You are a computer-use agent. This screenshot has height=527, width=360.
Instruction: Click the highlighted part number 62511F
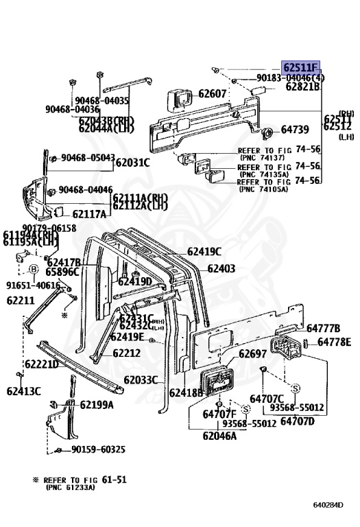[301, 67]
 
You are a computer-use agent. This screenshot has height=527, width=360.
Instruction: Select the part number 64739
[296, 129]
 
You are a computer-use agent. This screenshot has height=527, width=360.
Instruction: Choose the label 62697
[252, 353]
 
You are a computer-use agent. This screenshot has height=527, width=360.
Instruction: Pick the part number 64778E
[333, 342]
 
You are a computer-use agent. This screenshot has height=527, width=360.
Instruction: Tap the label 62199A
[97, 404]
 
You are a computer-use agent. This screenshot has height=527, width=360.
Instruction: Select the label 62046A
[219, 435]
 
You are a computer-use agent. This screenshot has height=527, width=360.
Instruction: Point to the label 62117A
[89, 214]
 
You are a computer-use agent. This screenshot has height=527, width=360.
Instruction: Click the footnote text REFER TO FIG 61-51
[85, 480]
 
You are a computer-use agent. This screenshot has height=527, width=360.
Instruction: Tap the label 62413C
[24, 391]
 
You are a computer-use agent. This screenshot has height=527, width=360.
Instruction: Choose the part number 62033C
[141, 379]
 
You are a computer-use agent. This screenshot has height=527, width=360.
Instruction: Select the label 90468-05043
[87, 158]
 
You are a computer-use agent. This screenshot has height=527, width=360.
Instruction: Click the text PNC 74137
[263, 157]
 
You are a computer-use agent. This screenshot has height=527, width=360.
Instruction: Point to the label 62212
[126, 353]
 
